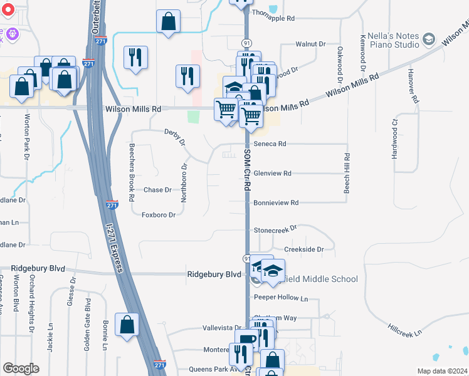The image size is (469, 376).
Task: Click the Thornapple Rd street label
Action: pyautogui.click(x=273, y=19)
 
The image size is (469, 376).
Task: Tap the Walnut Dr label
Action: pyautogui.click(x=311, y=44)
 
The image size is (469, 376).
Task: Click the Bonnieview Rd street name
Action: pyautogui.click(x=275, y=202)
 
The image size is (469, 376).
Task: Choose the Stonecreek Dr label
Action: pyautogui.click(x=275, y=230)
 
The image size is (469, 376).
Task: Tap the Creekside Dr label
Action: pyautogui.click(x=303, y=249)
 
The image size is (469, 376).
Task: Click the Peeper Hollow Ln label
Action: pyautogui.click(x=282, y=298)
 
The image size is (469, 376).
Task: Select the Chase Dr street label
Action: pyautogui.click(x=157, y=190)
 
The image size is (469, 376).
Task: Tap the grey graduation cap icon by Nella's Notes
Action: pyautogui.click(x=429, y=39)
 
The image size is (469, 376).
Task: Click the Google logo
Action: pyautogui.click(x=21, y=368)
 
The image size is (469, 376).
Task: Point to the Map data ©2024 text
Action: pyautogui.click(x=442, y=371)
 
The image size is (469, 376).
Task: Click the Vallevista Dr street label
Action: pyautogui.click(x=222, y=328)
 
